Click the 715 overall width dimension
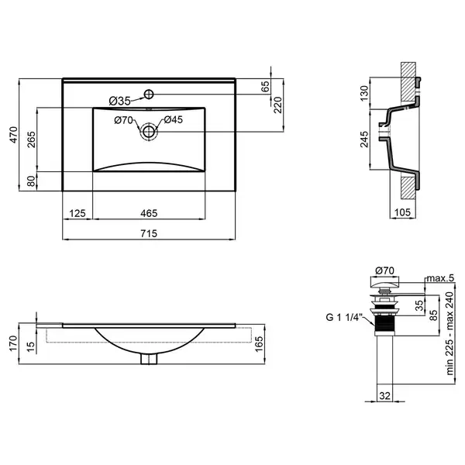coord(149,234)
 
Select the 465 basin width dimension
coord(149,213)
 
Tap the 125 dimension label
coord(77,213)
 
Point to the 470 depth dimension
coord(14,135)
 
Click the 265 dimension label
coord(31,139)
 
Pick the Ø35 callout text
coord(120,102)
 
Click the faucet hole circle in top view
coord(149,95)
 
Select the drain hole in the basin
coord(148,132)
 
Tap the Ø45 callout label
coord(173,120)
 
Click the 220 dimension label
coord(278,105)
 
